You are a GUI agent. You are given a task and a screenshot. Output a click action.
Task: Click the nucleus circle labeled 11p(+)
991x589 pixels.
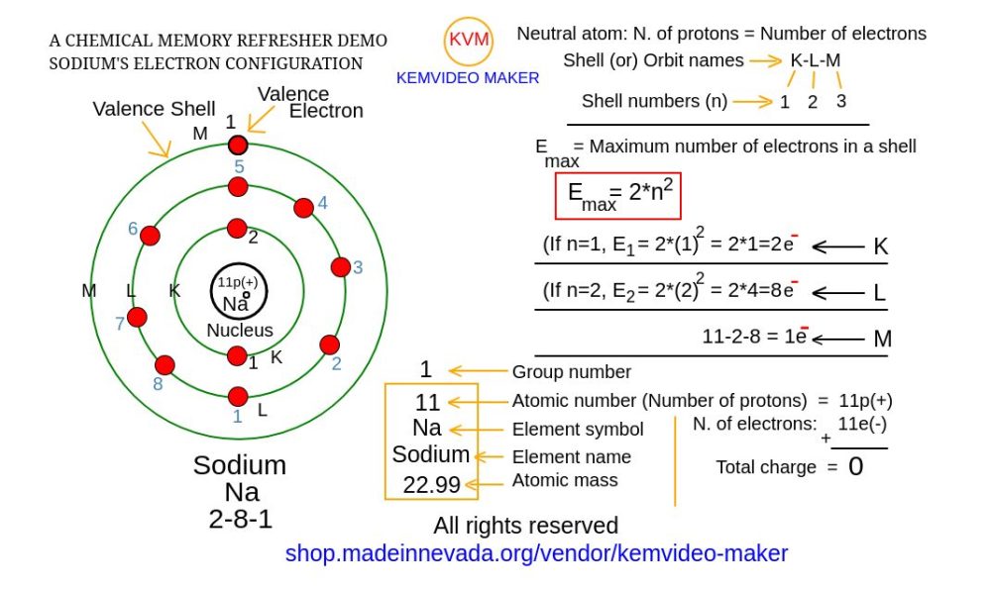click(x=237, y=293)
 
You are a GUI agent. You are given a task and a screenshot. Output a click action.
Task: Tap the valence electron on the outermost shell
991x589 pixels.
click(x=237, y=146)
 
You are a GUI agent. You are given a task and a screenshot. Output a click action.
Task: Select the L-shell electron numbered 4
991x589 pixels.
click(x=304, y=207)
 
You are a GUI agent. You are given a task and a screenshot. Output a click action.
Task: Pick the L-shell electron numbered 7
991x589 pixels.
click(x=138, y=318)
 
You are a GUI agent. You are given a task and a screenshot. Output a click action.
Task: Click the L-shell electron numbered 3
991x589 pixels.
click(x=341, y=267)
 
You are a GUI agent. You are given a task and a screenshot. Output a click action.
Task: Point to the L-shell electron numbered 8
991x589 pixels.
click(x=165, y=364)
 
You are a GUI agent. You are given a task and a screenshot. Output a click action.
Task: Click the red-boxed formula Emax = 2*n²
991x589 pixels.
click(x=617, y=196)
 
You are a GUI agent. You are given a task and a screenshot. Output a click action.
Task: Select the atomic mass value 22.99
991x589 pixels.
click(x=431, y=484)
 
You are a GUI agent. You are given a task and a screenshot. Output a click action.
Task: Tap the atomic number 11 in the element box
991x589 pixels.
click(x=427, y=403)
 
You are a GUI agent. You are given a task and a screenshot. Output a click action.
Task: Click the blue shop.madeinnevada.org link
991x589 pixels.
click(x=536, y=553)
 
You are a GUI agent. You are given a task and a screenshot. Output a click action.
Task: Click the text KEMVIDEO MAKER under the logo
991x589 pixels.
click(x=468, y=78)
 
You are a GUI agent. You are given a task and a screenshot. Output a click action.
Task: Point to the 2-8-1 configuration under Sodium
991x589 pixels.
click(x=239, y=519)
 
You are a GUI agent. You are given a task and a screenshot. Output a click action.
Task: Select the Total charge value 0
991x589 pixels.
click(x=855, y=467)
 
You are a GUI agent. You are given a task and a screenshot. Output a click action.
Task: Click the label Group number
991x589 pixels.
click(x=571, y=372)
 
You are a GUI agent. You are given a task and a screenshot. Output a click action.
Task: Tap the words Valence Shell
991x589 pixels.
click(x=154, y=109)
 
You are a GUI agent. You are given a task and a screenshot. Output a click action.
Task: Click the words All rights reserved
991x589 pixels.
click(x=525, y=526)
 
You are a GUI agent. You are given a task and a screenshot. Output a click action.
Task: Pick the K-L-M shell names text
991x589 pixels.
click(x=815, y=60)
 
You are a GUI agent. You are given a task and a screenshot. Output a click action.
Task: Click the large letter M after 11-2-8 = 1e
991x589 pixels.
click(x=882, y=340)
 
